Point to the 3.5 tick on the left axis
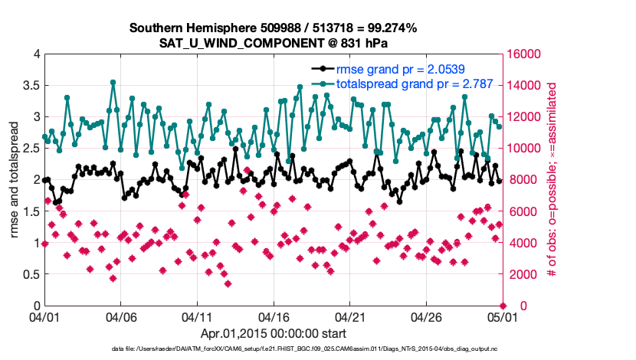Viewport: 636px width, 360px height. point(30,86)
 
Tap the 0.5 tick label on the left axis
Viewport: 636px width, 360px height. point(30,274)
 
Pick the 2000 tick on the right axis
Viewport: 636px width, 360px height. point(521,274)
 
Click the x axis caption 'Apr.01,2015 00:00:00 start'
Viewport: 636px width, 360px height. point(273,333)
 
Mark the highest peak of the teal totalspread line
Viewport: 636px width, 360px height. point(113,82)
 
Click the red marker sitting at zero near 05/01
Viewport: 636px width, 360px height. point(503,306)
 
